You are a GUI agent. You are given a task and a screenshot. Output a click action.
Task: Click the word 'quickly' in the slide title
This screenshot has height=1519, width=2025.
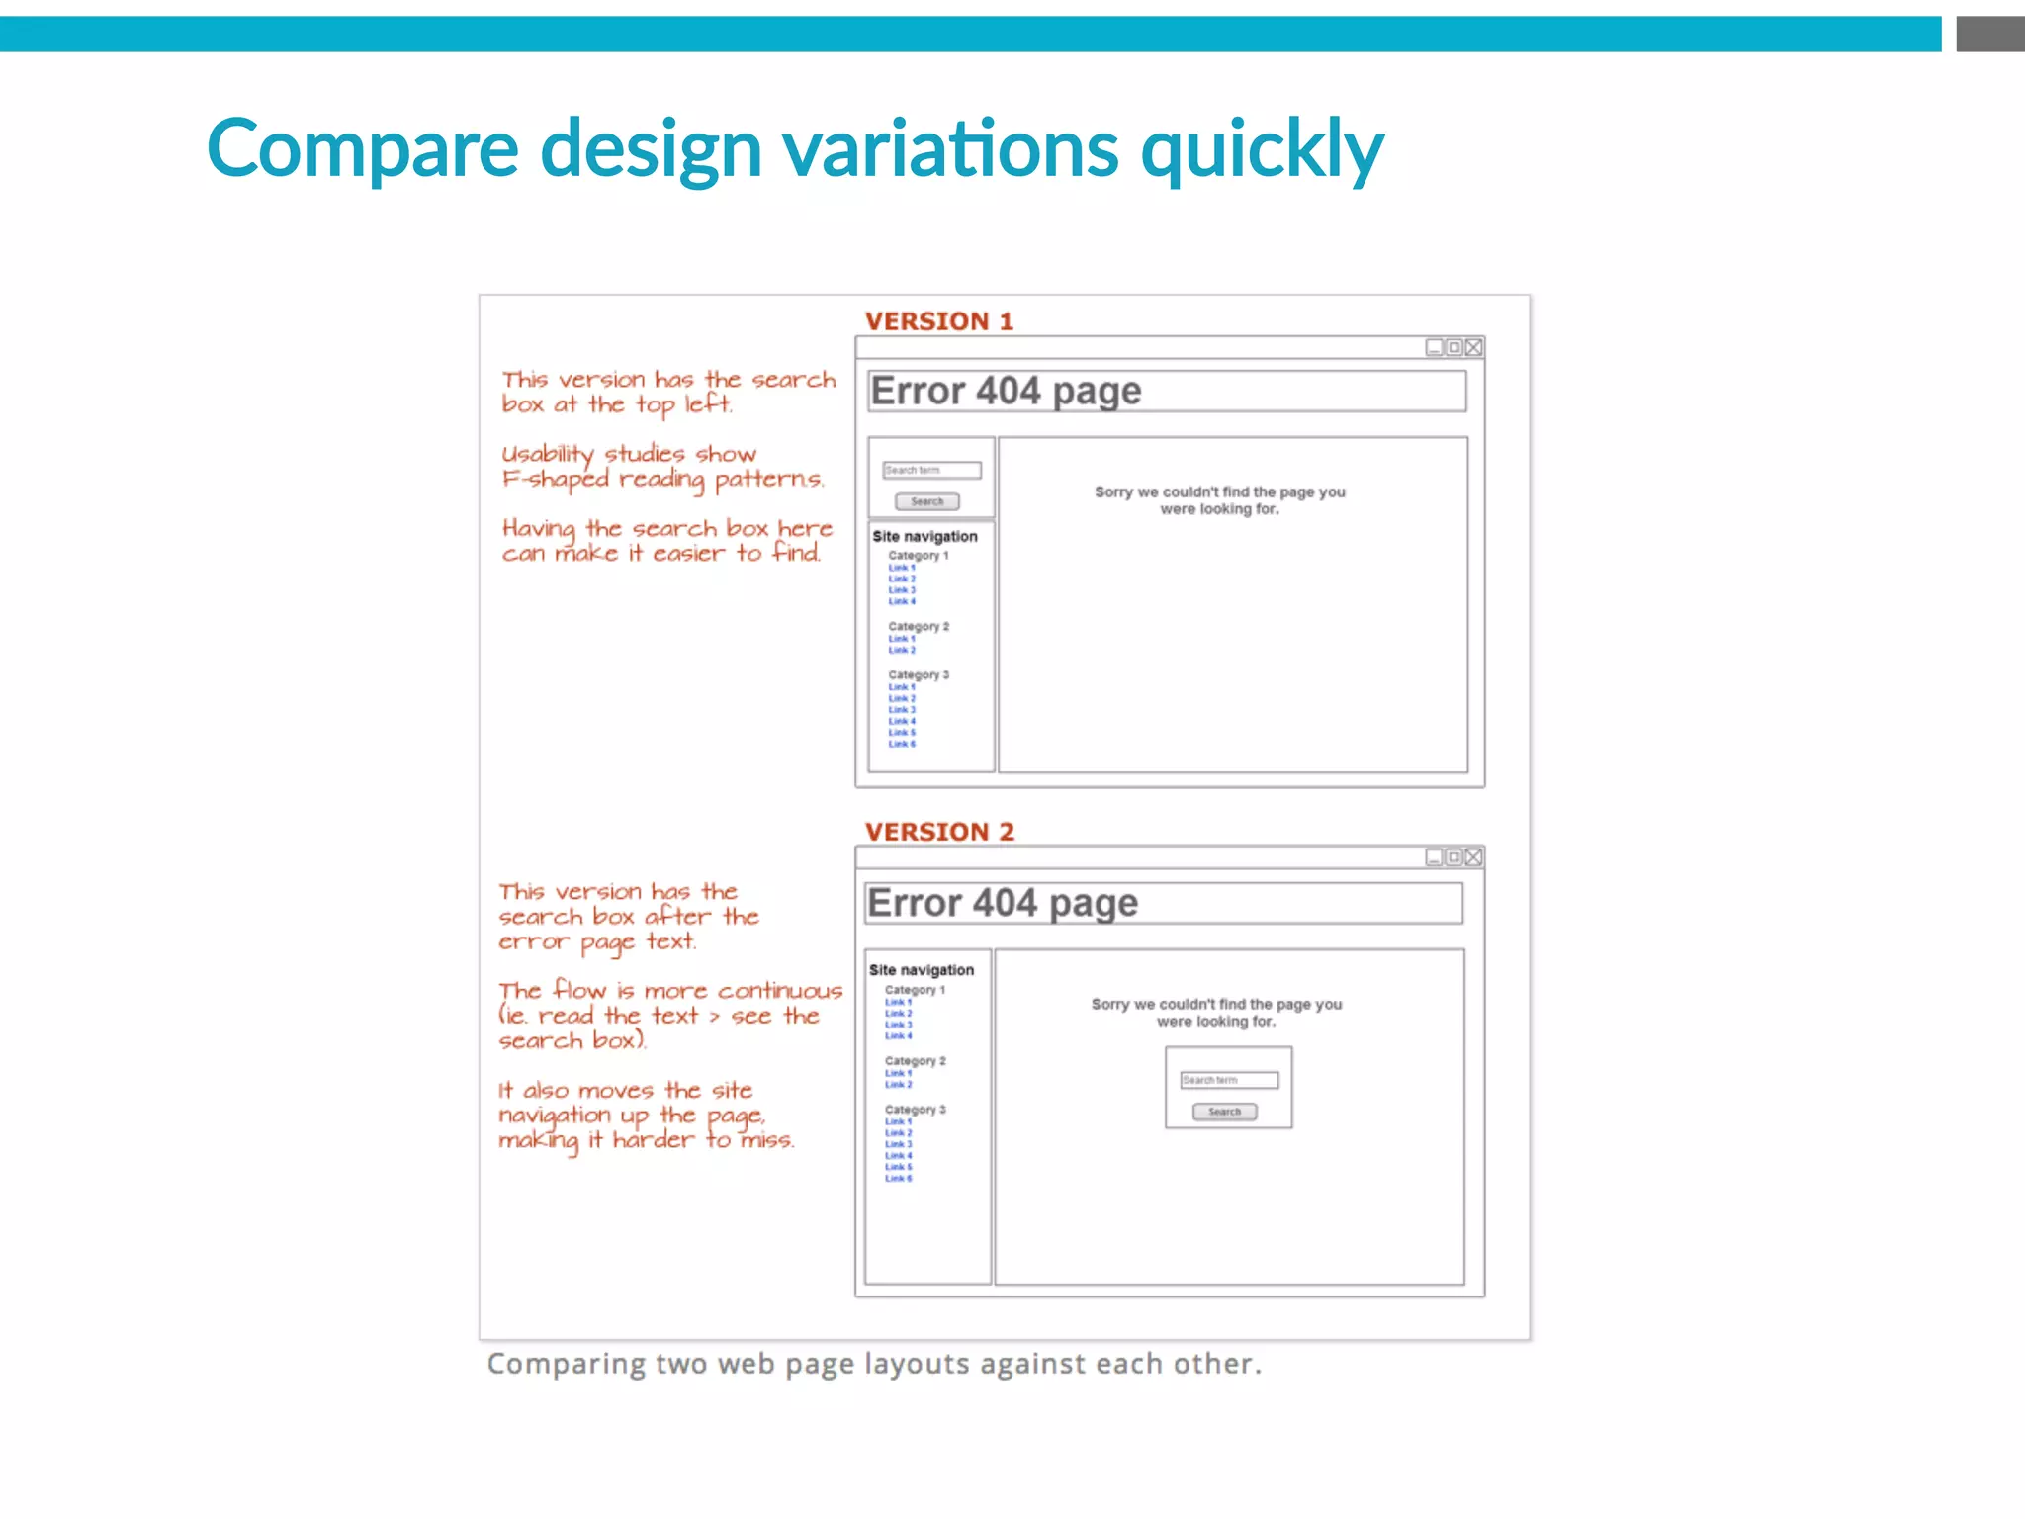[x=1262, y=150]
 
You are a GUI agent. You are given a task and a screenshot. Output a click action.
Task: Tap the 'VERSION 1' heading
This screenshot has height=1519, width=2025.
[x=938, y=321]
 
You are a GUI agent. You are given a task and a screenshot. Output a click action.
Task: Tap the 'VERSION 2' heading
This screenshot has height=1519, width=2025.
[x=939, y=832]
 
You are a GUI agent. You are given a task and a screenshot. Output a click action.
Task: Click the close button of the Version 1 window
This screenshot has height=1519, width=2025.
[x=1473, y=347]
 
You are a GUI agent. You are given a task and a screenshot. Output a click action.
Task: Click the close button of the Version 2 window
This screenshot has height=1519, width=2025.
[x=1473, y=857]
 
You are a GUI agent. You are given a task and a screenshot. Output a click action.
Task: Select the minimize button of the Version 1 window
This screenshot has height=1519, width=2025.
[x=1434, y=347]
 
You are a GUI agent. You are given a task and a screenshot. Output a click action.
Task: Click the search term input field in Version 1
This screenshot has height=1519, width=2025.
[x=931, y=470]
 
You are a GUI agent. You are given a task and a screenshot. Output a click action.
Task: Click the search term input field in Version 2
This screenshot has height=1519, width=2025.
[x=1229, y=1080]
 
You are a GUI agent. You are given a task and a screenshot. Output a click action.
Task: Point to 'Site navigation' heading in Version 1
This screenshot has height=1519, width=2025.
[x=924, y=536]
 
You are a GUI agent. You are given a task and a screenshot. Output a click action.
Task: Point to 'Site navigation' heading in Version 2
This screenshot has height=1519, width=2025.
[x=922, y=970]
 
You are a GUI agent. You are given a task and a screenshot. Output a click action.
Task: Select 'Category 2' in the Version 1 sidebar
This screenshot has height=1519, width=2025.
[x=918, y=627]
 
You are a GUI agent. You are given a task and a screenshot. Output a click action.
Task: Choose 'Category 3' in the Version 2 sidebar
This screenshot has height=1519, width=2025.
[x=915, y=1110]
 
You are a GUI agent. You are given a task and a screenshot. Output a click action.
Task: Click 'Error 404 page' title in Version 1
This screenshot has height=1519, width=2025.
[x=1006, y=392]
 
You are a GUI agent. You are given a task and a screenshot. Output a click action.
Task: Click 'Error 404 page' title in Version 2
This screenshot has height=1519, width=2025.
[x=1003, y=903]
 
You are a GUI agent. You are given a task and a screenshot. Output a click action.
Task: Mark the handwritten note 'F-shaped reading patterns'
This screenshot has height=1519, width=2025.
[x=662, y=480]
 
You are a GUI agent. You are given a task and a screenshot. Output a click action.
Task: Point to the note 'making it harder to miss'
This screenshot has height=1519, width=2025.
[x=646, y=1140]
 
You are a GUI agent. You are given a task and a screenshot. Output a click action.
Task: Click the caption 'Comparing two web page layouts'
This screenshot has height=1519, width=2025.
[x=874, y=1364]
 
